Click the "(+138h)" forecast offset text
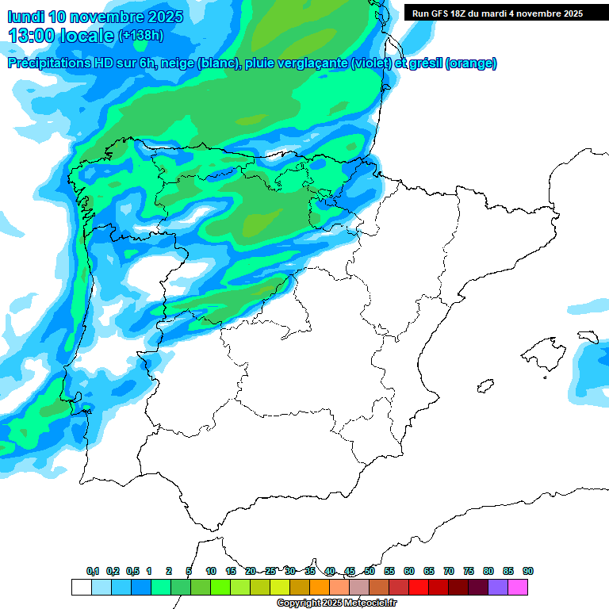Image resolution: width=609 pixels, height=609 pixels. coord(140,36)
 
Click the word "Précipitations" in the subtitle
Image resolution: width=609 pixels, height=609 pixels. coord(48,63)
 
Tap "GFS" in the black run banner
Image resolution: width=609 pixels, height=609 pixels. coord(439,13)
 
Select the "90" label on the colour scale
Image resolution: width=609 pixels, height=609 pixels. coord(528,571)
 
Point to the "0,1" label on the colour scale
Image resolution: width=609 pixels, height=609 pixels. coord(93,571)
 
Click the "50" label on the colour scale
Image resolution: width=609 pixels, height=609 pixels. coord(370,571)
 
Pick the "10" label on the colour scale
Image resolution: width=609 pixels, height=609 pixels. coord(211,571)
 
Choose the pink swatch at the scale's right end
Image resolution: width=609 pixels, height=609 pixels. coord(518,587)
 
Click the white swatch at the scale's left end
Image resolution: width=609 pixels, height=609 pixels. coord(81,587)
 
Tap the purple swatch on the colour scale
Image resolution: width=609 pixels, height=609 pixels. coord(498,587)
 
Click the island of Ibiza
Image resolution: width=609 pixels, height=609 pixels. coord(483,386)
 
